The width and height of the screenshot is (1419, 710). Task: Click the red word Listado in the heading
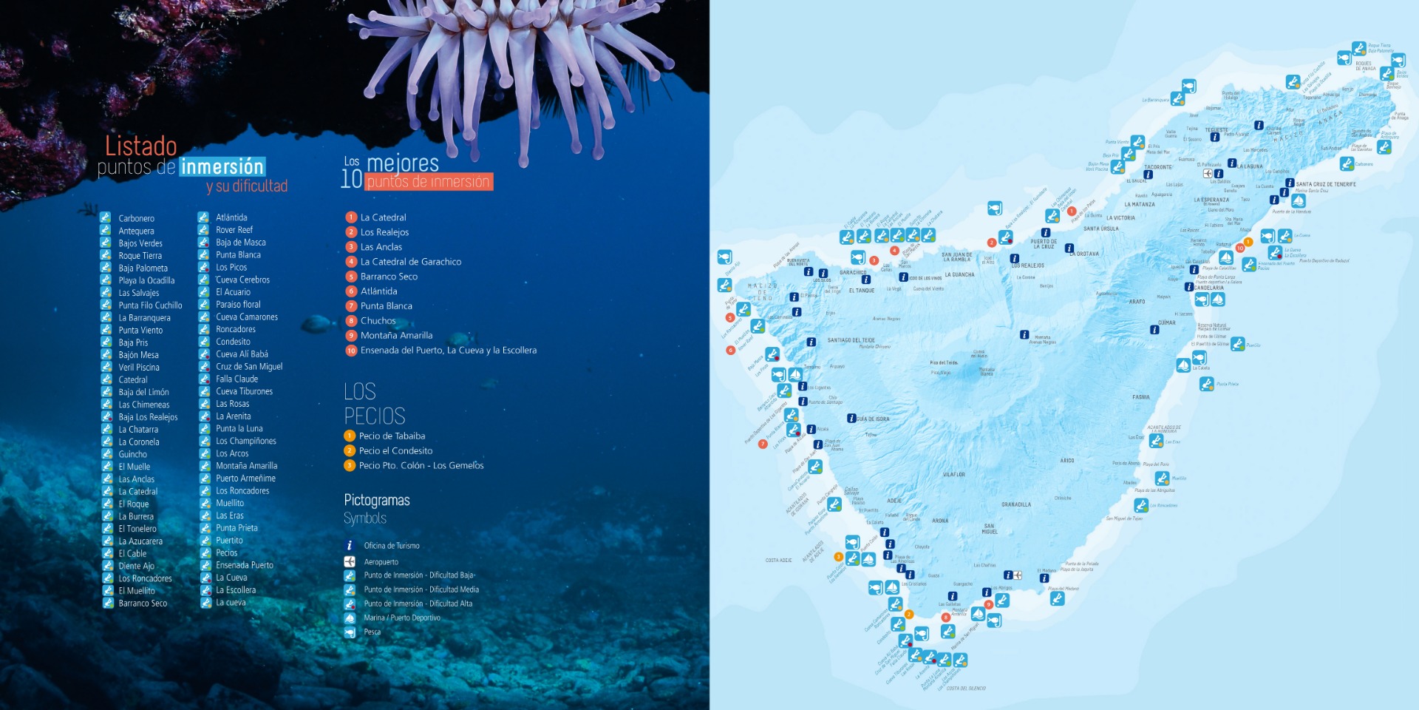(x=141, y=146)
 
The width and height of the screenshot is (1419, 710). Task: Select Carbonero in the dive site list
(x=137, y=218)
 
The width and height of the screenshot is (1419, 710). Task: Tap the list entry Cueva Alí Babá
(x=242, y=354)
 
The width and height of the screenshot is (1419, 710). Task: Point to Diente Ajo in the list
(x=137, y=566)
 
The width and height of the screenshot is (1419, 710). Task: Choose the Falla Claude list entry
(x=236, y=379)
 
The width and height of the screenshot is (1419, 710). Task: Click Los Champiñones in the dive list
(x=246, y=441)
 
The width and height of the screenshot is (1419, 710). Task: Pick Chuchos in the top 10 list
(x=378, y=321)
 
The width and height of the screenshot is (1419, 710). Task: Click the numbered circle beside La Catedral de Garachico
(x=352, y=262)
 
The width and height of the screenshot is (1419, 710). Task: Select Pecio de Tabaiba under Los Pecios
(x=392, y=436)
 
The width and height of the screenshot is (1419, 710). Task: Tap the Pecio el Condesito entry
(x=395, y=451)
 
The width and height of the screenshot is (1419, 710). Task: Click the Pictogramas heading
(x=377, y=501)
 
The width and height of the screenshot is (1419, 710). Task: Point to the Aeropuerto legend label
(x=381, y=562)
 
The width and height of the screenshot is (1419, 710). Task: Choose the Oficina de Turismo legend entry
(x=392, y=546)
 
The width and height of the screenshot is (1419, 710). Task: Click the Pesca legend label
(x=372, y=632)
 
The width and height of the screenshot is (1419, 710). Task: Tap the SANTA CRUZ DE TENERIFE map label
(x=1326, y=184)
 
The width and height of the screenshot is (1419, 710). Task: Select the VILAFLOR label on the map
(x=954, y=475)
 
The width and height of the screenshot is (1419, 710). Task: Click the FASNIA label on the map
(x=1141, y=397)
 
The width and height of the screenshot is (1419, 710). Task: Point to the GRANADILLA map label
(x=1016, y=505)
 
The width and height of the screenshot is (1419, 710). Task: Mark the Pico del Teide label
(x=944, y=363)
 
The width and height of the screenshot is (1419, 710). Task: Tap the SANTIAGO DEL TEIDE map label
(x=851, y=340)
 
